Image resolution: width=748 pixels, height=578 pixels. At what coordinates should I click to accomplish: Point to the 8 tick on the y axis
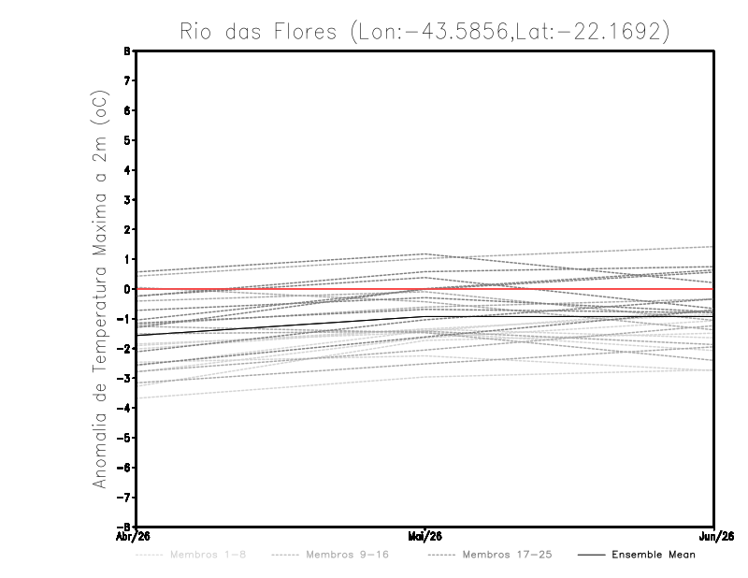click(x=128, y=51)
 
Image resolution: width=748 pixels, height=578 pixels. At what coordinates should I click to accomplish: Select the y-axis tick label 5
click(x=128, y=140)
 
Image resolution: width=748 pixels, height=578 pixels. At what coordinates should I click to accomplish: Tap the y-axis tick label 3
click(x=128, y=200)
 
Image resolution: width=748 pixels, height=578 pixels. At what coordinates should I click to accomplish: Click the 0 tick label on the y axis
click(x=128, y=289)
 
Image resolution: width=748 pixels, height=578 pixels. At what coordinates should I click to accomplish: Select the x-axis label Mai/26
click(x=425, y=537)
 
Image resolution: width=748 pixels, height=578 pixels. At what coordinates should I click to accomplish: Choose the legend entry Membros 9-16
click(x=347, y=555)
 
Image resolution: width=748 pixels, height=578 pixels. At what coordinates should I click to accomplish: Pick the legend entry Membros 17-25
click(x=508, y=555)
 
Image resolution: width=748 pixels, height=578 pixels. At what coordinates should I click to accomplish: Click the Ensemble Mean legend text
click(x=654, y=555)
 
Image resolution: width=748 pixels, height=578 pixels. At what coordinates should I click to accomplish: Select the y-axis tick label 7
click(x=128, y=81)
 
